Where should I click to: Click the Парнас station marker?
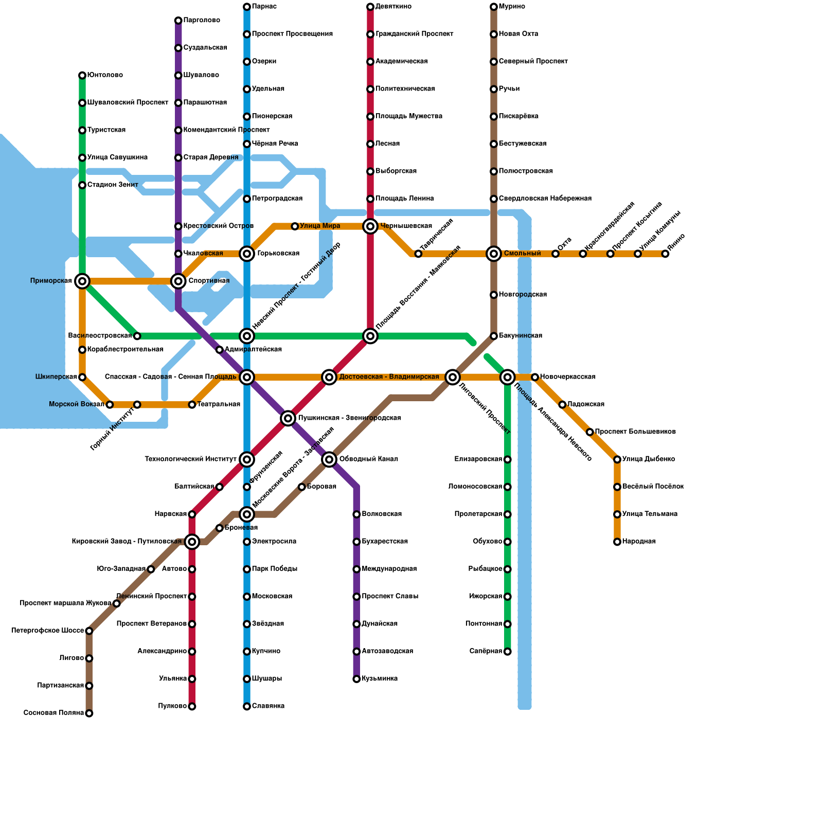click(x=247, y=7)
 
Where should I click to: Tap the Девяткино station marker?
click(x=370, y=7)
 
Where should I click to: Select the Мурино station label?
click(x=512, y=7)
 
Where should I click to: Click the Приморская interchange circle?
click(x=82, y=281)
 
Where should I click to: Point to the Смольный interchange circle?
click(x=494, y=254)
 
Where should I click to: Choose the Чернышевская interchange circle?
click(x=370, y=226)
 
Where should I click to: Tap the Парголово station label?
click(x=202, y=21)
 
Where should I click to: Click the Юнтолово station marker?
click(x=82, y=76)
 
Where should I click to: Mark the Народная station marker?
click(x=617, y=542)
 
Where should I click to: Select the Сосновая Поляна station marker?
click(x=89, y=713)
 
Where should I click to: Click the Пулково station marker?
click(x=192, y=706)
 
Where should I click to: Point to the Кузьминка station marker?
click(x=356, y=679)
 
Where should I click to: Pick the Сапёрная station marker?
click(x=508, y=652)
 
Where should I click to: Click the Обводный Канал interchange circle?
click(x=329, y=459)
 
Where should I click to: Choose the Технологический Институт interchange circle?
click(x=247, y=459)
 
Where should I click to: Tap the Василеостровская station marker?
click(x=137, y=336)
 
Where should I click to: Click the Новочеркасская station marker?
click(x=535, y=377)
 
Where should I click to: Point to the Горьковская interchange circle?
click(x=247, y=254)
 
